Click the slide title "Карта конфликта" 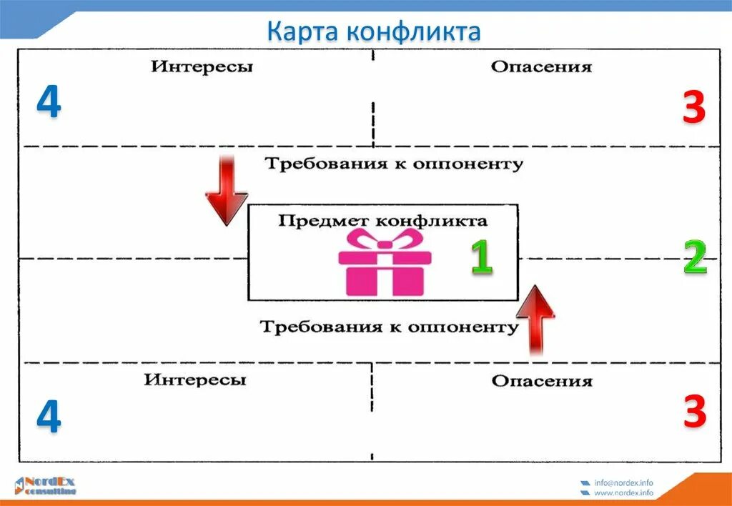[x=374, y=31]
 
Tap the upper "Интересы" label [x=202, y=67]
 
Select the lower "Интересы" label [x=195, y=379]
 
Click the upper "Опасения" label [x=541, y=67]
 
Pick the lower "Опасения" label [x=542, y=381]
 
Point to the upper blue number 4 [x=49, y=104]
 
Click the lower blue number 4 [x=49, y=417]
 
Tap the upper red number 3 [x=694, y=109]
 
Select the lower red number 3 [x=694, y=412]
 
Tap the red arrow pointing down [x=227, y=189]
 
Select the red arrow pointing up [x=535, y=318]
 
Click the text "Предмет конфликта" [x=383, y=220]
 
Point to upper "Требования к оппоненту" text [x=394, y=164]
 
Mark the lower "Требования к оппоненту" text [x=389, y=327]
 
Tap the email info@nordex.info [x=623, y=482]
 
